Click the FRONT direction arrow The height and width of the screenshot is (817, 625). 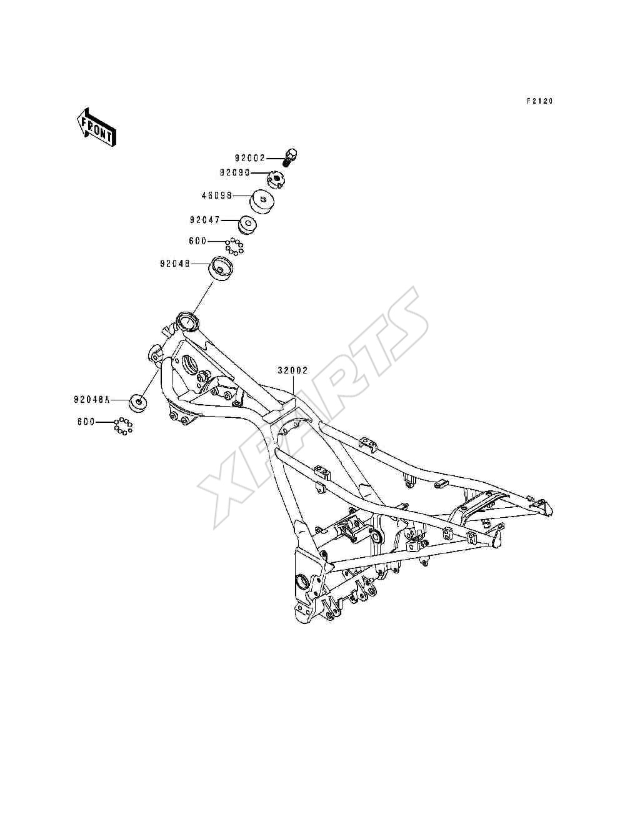[x=96, y=127]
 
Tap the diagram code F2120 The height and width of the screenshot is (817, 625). [x=540, y=101]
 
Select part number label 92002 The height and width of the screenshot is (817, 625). [x=249, y=158]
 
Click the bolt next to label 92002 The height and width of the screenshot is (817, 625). [x=289, y=157]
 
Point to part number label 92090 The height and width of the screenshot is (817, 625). [x=234, y=172]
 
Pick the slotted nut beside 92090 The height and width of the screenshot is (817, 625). [x=276, y=180]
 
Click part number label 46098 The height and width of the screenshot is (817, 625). [x=217, y=196]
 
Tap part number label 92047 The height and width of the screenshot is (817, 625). [x=205, y=220]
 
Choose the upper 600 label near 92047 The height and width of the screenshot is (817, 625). [x=197, y=241]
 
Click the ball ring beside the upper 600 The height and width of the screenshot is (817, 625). [x=234, y=246]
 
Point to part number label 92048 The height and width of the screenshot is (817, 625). [x=175, y=264]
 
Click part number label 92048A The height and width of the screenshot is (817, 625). [x=92, y=400]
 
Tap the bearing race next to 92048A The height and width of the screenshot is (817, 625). [x=138, y=402]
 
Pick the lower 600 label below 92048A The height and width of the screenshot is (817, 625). [x=86, y=422]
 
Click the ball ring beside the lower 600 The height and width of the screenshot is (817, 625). [x=123, y=425]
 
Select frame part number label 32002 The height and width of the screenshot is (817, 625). [x=292, y=370]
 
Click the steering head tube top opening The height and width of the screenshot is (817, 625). [x=187, y=320]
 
